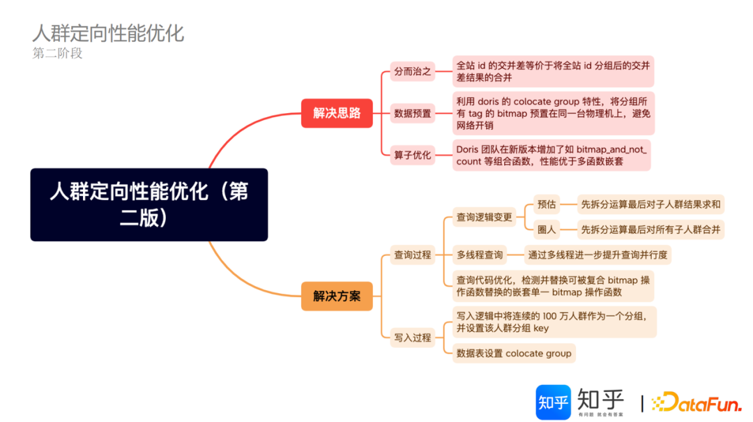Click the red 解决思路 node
337,113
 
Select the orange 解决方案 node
337,296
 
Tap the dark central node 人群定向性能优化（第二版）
149,204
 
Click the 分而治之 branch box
413,71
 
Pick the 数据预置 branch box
413,113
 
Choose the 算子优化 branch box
413,155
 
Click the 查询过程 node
413,255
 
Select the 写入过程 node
413,338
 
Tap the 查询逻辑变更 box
484,217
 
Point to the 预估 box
547,204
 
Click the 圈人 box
547,229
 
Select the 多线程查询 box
480,255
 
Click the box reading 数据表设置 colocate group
514,353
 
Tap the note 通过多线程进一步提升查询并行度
598,255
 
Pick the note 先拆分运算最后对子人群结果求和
651,204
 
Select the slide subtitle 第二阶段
57,53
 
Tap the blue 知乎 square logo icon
553,402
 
